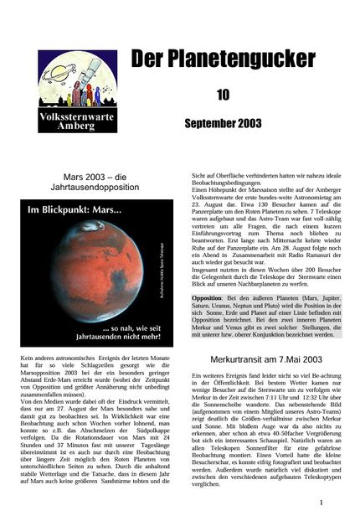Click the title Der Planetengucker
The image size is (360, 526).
tap(223, 59)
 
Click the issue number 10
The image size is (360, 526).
tap(223, 95)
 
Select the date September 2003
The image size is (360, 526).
tap(223, 124)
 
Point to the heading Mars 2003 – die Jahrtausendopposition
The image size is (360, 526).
tap(94, 183)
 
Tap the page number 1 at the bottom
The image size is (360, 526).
tap(321, 503)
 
